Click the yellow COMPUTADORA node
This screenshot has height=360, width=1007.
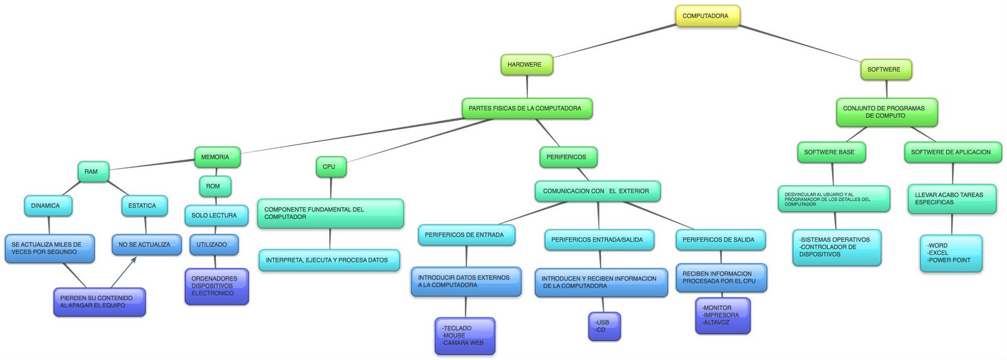[x=707, y=16]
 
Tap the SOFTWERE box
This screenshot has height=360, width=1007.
[x=885, y=70]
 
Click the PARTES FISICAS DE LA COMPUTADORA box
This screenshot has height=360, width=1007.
[x=526, y=108]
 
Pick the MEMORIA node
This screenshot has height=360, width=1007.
[x=217, y=157]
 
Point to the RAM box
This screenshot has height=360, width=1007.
[x=93, y=172]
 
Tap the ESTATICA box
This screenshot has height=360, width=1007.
[x=143, y=206]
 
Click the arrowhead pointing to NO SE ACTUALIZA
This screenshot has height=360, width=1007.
[x=133, y=259]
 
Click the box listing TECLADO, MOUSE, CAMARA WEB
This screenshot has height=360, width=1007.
[x=464, y=336]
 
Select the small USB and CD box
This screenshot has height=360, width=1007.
[x=604, y=326]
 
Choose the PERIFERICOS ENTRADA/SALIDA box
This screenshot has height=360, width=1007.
[x=599, y=240]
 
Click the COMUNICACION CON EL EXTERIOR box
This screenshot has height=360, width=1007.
[x=597, y=191]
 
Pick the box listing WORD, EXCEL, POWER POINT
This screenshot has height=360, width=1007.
[x=950, y=253]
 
